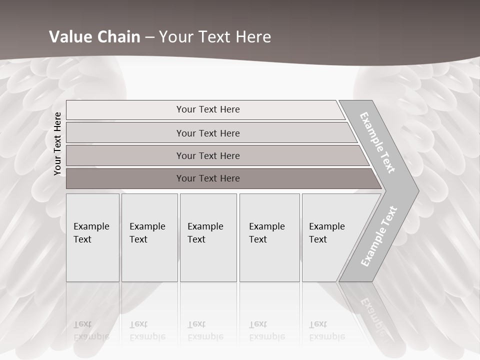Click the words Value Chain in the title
click(x=94, y=37)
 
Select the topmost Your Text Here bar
click(x=208, y=109)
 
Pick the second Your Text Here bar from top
click(x=208, y=133)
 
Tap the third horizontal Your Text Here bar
click(x=208, y=155)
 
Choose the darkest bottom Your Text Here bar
click(x=208, y=178)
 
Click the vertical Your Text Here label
click(x=57, y=143)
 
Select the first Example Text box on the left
click(x=92, y=237)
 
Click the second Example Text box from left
click(x=149, y=237)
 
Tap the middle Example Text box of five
click(x=208, y=237)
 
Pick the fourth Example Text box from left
click(x=269, y=237)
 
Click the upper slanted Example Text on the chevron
click(x=377, y=143)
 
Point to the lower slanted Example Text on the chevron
click(x=379, y=236)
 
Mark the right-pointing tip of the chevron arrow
click(x=417, y=190)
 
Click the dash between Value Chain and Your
click(x=149, y=37)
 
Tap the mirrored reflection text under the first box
click(x=91, y=330)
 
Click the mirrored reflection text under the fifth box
click(x=327, y=330)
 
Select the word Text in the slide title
click(x=213, y=37)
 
